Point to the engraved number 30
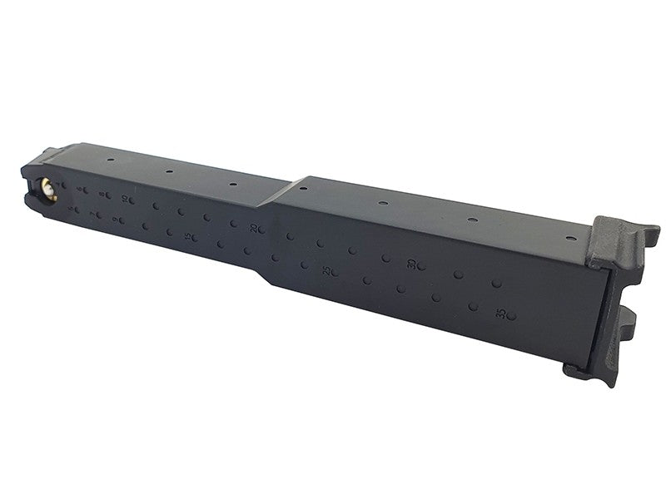pyautogui.click(x=411, y=264)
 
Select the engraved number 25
pyautogui.click(x=329, y=271)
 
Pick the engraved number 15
pyautogui.click(x=191, y=237)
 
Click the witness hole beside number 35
pyautogui.click(x=511, y=316)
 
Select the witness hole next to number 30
pyautogui.click(x=421, y=266)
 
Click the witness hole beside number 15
pyautogui.click(x=200, y=240)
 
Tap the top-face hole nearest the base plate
pyautogui.click(x=569, y=238)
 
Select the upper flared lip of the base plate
pyautogui.click(x=624, y=233)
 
